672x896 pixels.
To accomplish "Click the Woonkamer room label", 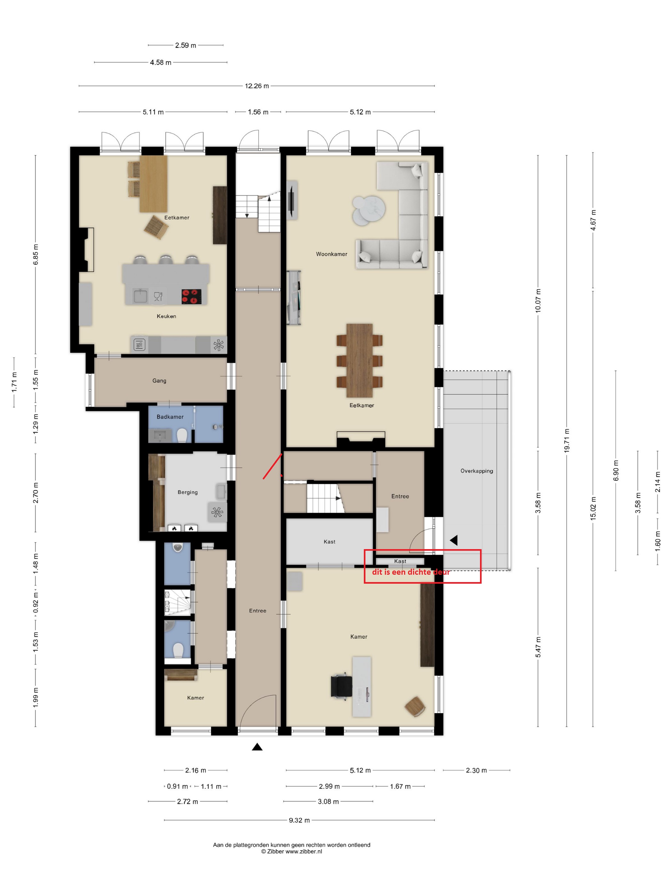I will tap(331, 254).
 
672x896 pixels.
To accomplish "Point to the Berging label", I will tap(188, 492).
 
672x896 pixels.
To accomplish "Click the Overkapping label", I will tap(477, 471).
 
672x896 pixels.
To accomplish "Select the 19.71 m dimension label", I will tap(567, 440).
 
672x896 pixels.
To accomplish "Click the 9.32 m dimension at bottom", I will tap(299, 820).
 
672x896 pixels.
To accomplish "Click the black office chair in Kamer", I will tap(341, 686).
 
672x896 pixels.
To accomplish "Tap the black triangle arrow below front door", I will tap(257, 747).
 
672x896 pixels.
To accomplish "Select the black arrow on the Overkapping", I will tap(454, 540).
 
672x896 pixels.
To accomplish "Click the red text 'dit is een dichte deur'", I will tap(411, 572).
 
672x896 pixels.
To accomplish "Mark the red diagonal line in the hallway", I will tap(272, 466).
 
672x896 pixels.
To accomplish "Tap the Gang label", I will tap(159, 381).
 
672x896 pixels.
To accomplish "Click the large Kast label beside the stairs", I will tap(329, 541).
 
